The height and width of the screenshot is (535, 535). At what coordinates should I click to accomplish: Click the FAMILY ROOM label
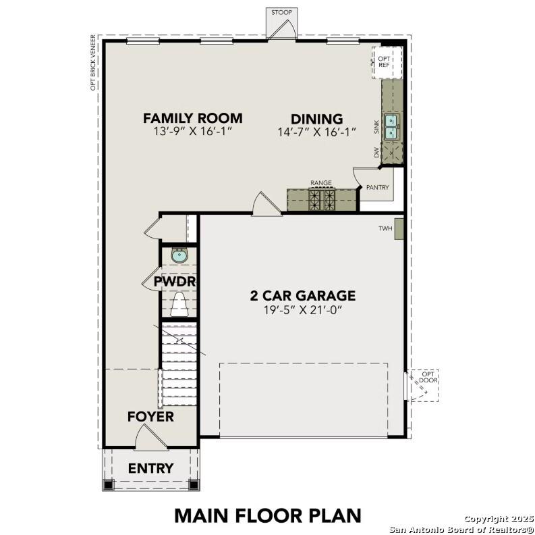[x=192, y=118]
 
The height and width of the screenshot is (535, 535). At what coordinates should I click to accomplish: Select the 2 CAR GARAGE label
[x=302, y=295]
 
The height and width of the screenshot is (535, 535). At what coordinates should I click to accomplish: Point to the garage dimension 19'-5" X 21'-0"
[x=302, y=310]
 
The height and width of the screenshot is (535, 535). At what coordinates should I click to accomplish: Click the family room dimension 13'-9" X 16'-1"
[x=192, y=132]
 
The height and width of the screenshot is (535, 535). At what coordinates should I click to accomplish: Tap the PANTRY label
[x=377, y=188]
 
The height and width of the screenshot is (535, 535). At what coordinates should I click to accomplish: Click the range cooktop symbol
[x=321, y=199]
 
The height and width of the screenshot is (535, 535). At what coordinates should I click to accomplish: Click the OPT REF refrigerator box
[x=387, y=62]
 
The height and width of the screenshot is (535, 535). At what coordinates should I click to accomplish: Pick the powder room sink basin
[x=179, y=255]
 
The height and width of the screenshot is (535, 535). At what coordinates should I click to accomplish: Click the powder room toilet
[x=179, y=305]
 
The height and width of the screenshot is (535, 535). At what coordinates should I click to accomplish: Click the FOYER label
[x=150, y=417]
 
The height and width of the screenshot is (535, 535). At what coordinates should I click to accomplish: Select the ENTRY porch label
[x=150, y=468]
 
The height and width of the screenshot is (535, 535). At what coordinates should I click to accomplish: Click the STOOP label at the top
[x=281, y=13]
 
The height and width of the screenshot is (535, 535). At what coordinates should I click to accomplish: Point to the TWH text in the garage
[x=385, y=229]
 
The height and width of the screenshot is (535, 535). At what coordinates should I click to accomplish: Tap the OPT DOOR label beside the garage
[x=428, y=377]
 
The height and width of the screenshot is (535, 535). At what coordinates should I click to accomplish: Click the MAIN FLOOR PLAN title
[x=268, y=515]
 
